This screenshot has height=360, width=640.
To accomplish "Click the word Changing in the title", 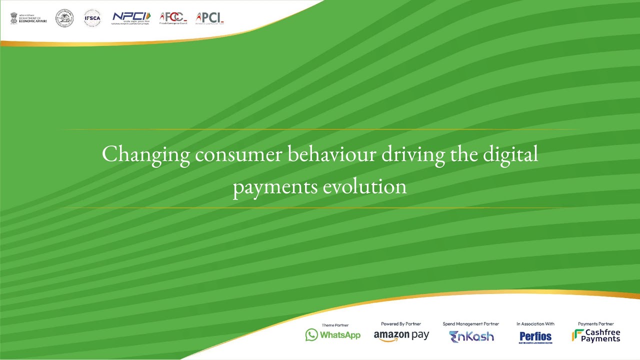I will coord(146,154).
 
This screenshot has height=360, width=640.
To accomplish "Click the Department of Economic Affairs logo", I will coord(28,18).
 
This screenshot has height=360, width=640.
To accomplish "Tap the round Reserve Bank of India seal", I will coord(64,18).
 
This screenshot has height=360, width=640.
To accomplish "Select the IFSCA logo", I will coord(92,18).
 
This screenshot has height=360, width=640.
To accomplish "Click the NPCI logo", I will coord(131,18).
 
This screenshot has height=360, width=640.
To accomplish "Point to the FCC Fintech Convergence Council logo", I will coord(173,18).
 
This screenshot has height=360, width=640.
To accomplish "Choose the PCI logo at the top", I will coord(209,18).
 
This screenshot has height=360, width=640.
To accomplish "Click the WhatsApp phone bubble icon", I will coord(311,335).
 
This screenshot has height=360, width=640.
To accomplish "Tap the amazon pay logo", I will coord(401,335).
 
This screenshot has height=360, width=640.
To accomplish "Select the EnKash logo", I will coord(471,336).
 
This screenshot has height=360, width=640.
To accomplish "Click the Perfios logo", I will coord(535,337).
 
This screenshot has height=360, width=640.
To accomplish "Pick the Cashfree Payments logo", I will coord(596,335).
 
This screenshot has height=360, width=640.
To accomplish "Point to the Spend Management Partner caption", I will coord(470,324).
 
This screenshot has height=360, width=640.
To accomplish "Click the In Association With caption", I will coord(535,324).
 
